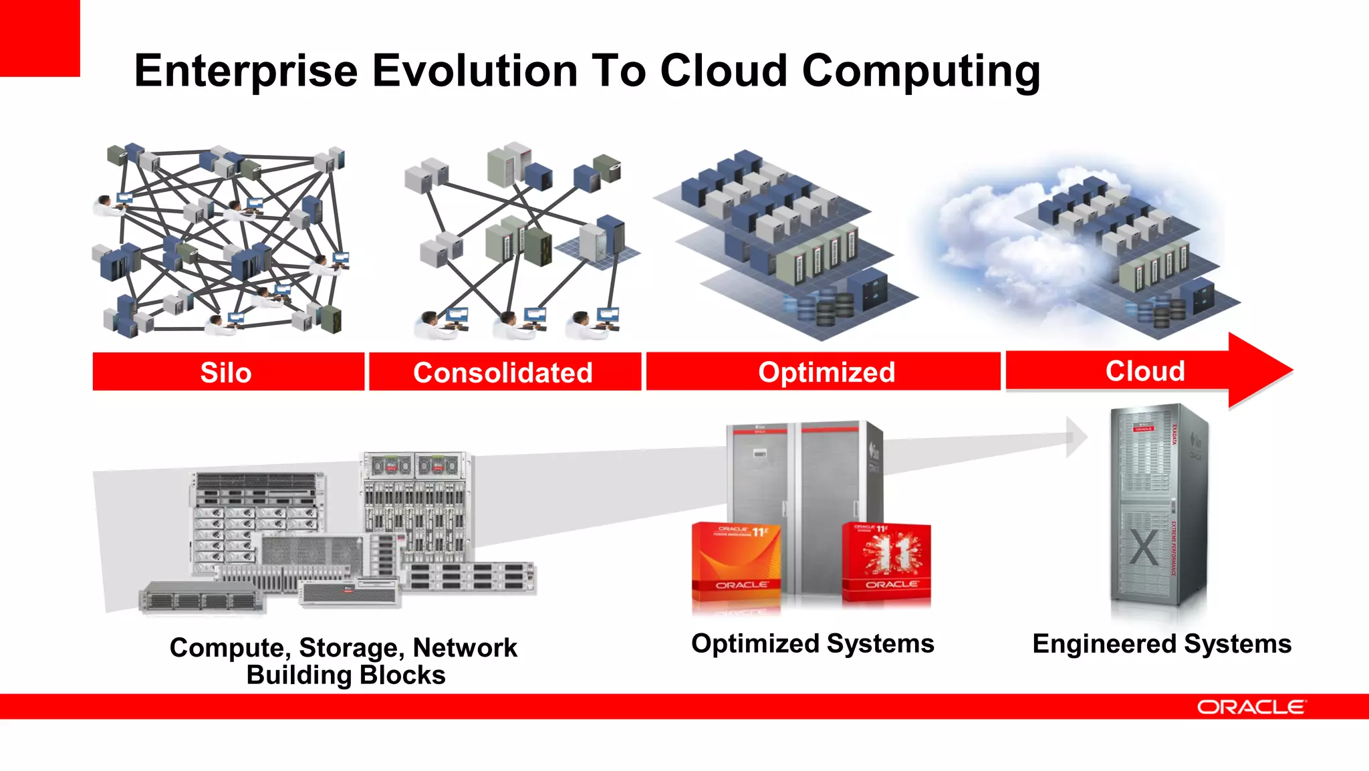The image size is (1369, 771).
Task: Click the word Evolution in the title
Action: pos(475,71)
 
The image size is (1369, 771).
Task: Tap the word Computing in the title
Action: pos(920,71)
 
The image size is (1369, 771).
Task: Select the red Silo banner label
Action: pos(226,372)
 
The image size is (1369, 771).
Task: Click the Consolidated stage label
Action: pos(503,372)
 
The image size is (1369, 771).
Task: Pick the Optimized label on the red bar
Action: pos(826,372)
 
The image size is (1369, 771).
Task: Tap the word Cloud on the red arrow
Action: pos(1145,370)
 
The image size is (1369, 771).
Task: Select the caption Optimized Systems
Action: pos(812,643)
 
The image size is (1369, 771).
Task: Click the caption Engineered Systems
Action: pos(1162,644)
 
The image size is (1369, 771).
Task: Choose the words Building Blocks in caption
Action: pos(346,675)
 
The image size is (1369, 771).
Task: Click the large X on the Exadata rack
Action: pos(1144,548)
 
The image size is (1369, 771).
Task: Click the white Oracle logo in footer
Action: pos(1250,707)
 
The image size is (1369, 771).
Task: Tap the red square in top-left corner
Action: pos(39,37)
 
